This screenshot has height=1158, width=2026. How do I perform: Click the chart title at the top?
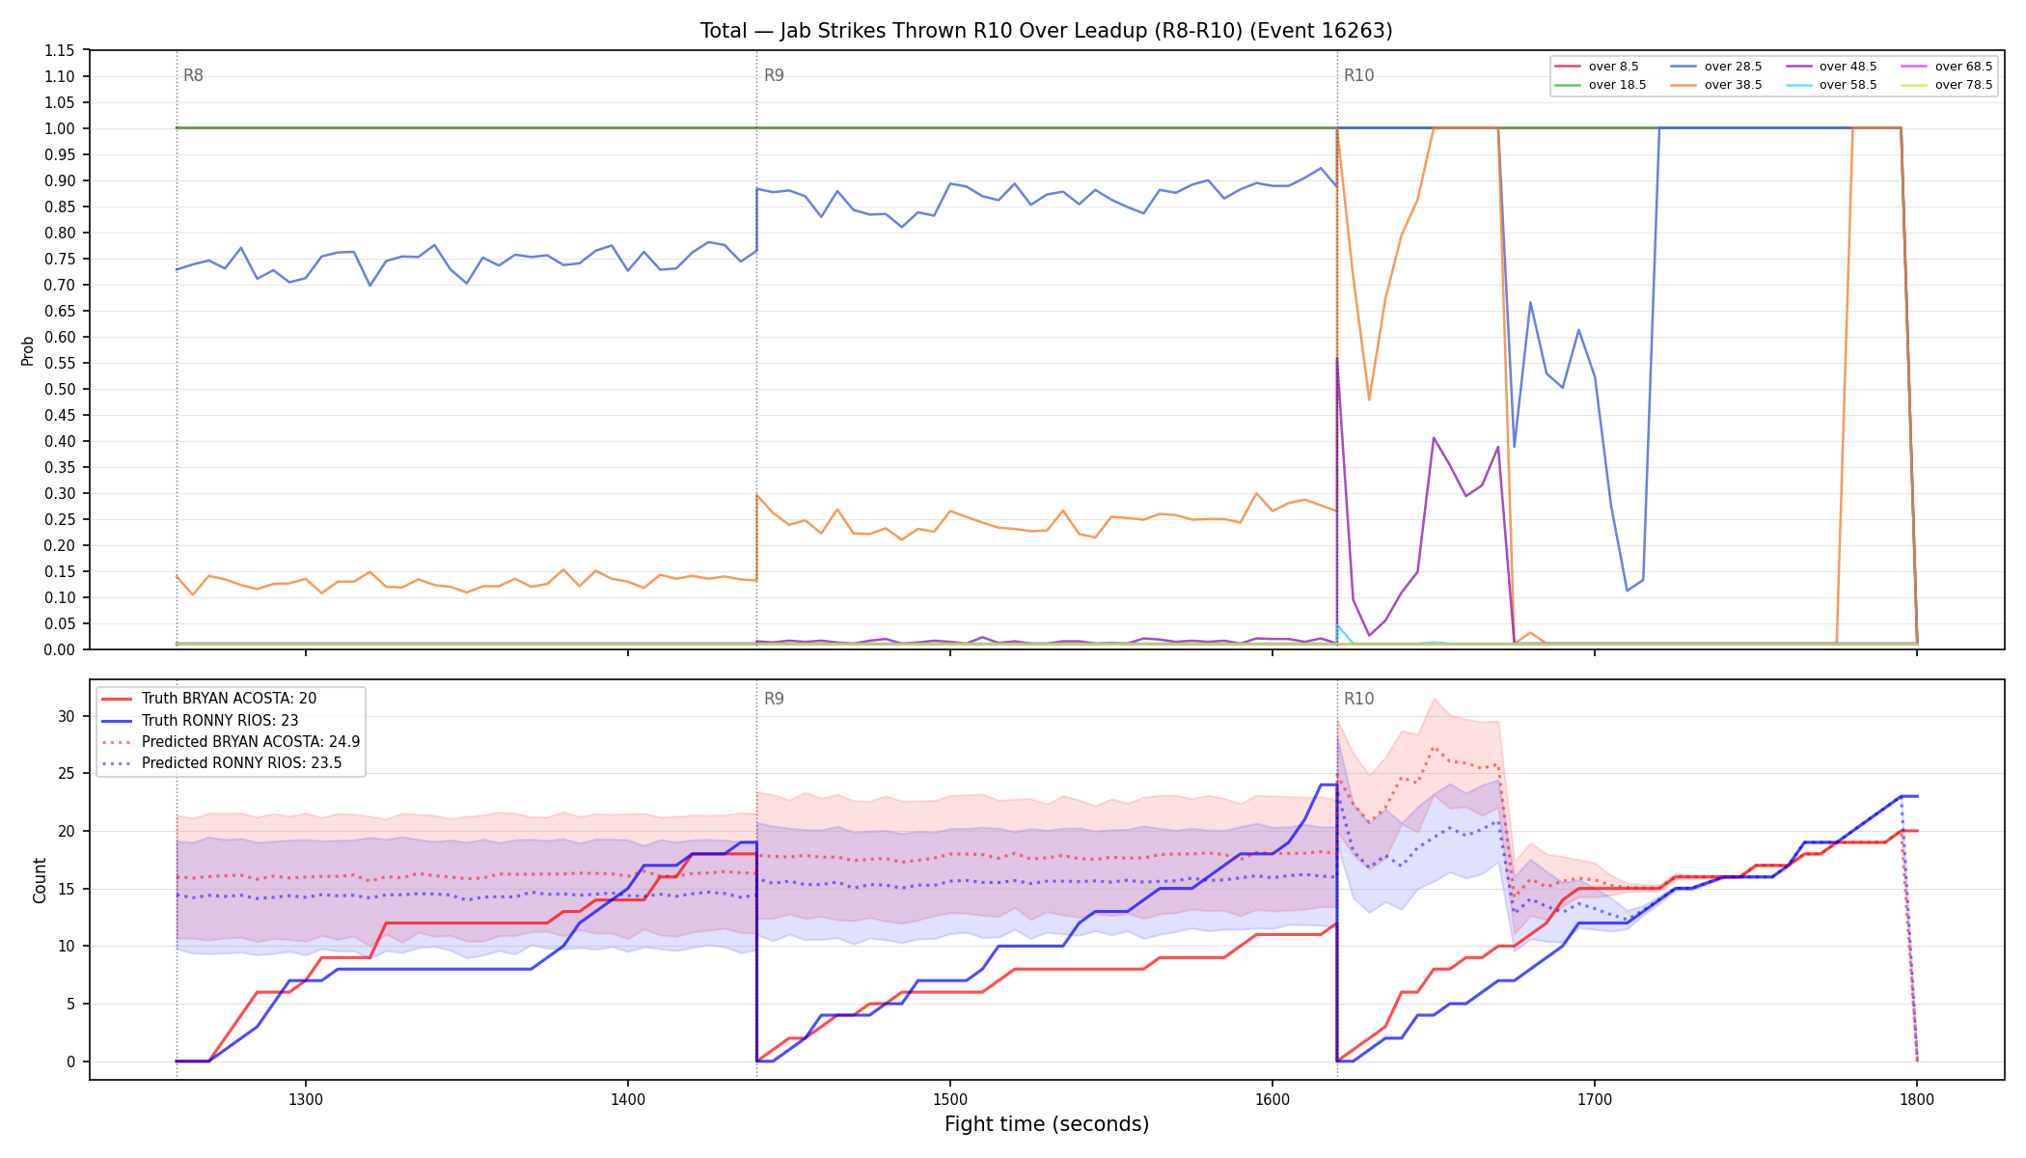[x=1046, y=31]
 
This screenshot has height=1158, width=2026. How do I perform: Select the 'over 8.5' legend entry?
[x=1597, y=67]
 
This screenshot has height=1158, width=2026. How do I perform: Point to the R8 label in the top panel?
[x=193, y=75]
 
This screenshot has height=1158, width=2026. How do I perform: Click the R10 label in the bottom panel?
[x=1358, y=699]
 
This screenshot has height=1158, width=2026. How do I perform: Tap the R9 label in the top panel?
[x=774, y=75]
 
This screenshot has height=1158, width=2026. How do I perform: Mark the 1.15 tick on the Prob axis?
[x=60, y=50]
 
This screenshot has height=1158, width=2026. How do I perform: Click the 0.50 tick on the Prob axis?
[x=60, y=389]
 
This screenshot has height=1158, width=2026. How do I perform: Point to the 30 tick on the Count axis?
[x=66, y=716]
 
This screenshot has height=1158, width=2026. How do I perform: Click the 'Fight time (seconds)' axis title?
[x=1047, y=1124]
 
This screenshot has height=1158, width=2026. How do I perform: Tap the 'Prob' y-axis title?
[x=28, y=350]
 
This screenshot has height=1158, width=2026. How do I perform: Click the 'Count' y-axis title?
[x=40, y=880]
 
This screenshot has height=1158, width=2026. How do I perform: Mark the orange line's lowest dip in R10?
[x=1369, y=400]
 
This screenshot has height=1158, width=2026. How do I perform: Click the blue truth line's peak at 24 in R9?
[x=1328, y=785]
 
